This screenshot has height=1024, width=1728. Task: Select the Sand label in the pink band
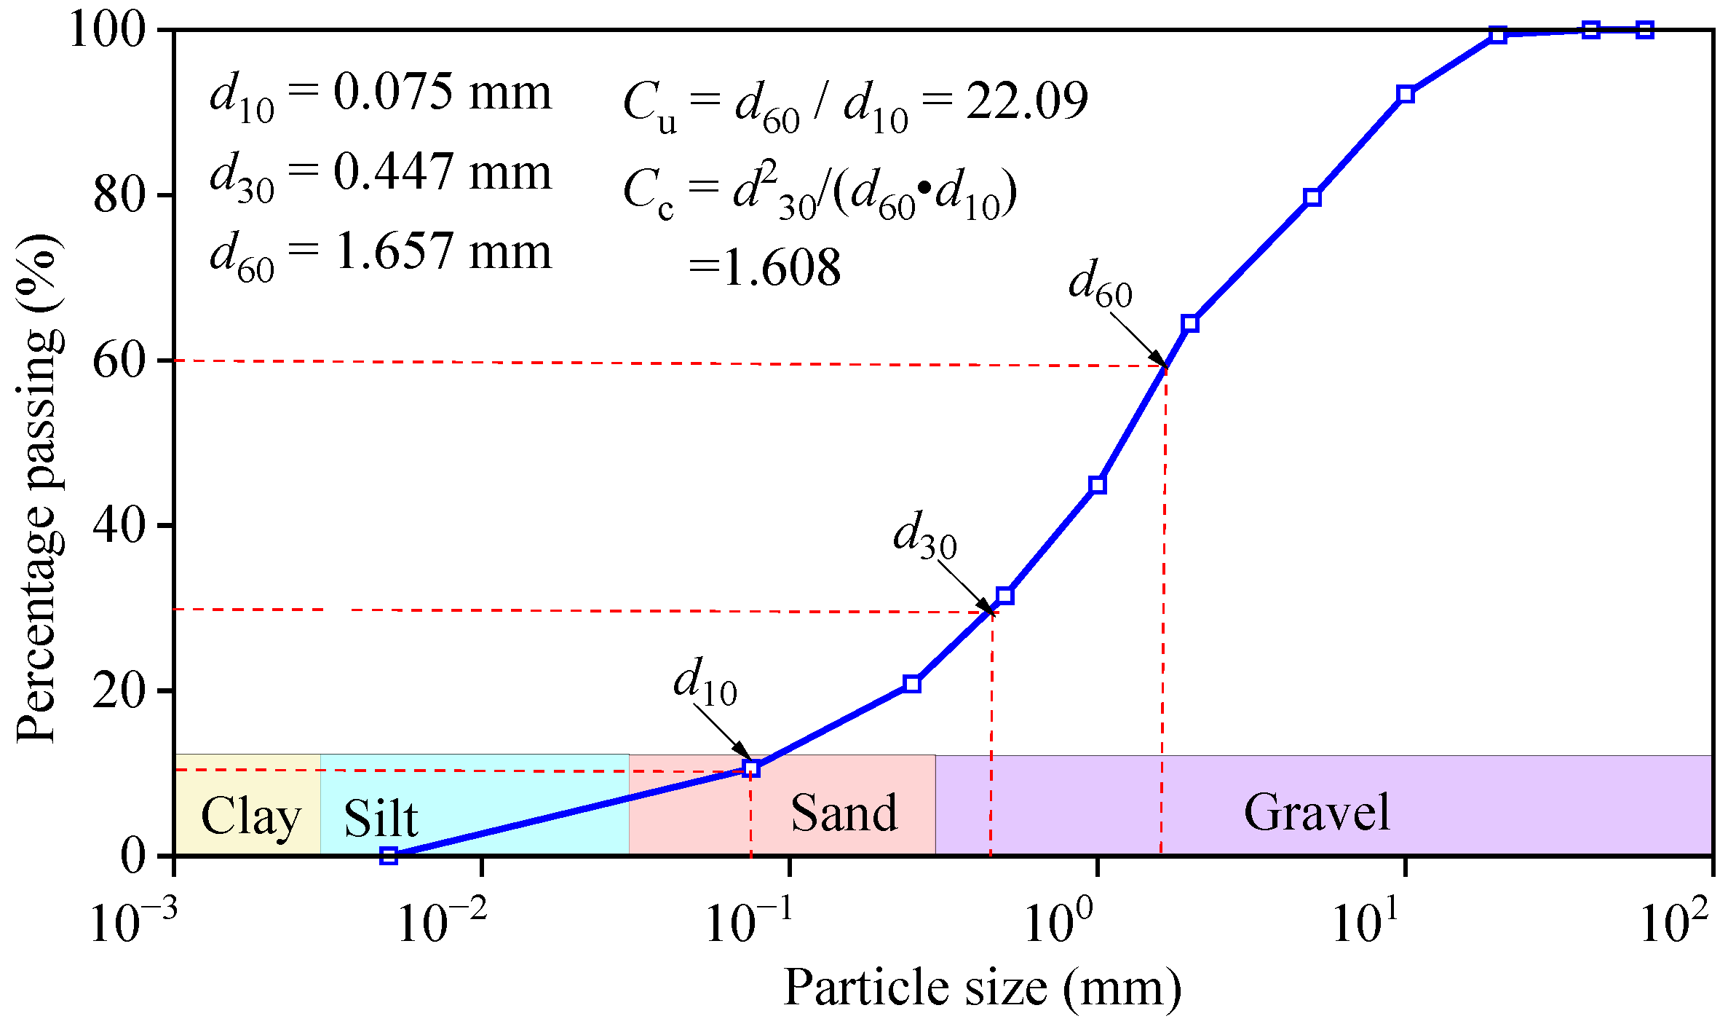(844, 813)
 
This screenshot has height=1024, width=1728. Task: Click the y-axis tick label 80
(122, 196)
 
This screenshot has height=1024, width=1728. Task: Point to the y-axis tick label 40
(122, 525)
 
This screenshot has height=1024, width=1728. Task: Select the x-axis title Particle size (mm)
(983, 989)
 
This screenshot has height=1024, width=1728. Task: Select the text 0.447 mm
(443, 173)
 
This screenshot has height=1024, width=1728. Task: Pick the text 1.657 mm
(443, 252)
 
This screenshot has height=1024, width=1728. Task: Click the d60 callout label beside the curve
(1101, 284)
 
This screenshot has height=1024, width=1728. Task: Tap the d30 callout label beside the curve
(925, 535)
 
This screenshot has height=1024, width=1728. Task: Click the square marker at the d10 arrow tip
(752, 768)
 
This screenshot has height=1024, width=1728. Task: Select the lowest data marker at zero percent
(389, 855)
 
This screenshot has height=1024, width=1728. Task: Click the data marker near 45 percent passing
(1098, 485)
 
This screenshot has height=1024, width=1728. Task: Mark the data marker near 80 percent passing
(1312, 197)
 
